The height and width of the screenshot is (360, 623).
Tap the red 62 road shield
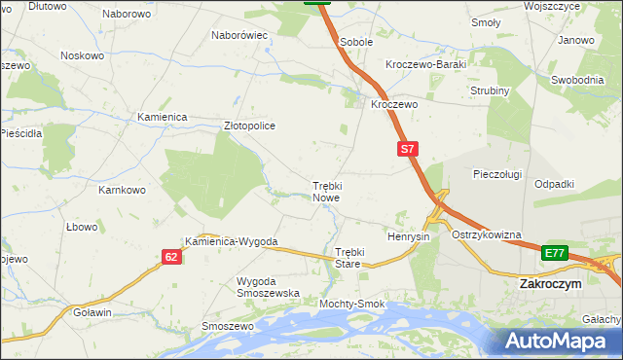(171, 257)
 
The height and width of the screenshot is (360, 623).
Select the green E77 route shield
(555, 253)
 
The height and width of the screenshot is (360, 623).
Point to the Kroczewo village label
(394, 104)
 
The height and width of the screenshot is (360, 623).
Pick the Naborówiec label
(239, 35)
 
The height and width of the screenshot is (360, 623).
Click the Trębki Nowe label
(326, 191)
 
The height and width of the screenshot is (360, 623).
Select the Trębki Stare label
(348, 257)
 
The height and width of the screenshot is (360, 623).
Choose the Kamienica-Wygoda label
(233, 241)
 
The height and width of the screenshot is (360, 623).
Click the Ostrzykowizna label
(487, 235)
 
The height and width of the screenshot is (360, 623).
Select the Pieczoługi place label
(497, 174)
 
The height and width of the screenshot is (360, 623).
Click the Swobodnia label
(579, 80)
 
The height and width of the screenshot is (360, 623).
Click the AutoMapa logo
(556, 341)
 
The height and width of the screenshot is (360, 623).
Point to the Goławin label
(92, 312)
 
